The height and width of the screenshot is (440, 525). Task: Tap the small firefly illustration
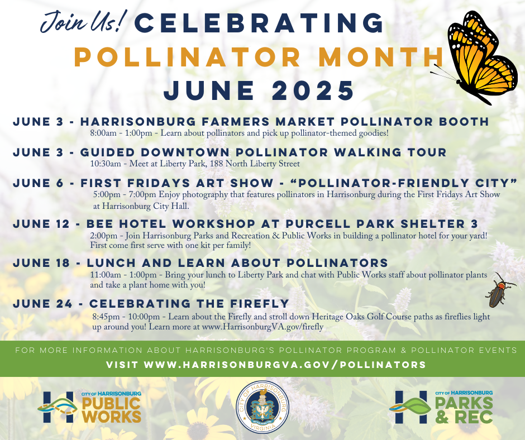click(498, 291)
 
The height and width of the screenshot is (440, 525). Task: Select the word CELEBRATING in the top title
click(260, 23)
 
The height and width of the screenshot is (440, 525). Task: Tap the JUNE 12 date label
click(41, 224)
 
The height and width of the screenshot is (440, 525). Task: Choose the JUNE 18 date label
click(41, 263)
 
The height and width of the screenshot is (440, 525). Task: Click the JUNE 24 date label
click(42, 304)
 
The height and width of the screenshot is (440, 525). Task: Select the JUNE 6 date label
click(38, 183)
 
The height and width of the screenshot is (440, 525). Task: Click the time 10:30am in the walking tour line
click(106, 164)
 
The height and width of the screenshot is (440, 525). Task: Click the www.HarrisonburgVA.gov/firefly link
click(263, 327)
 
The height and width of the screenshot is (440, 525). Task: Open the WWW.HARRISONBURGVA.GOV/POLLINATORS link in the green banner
click(285, 365)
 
